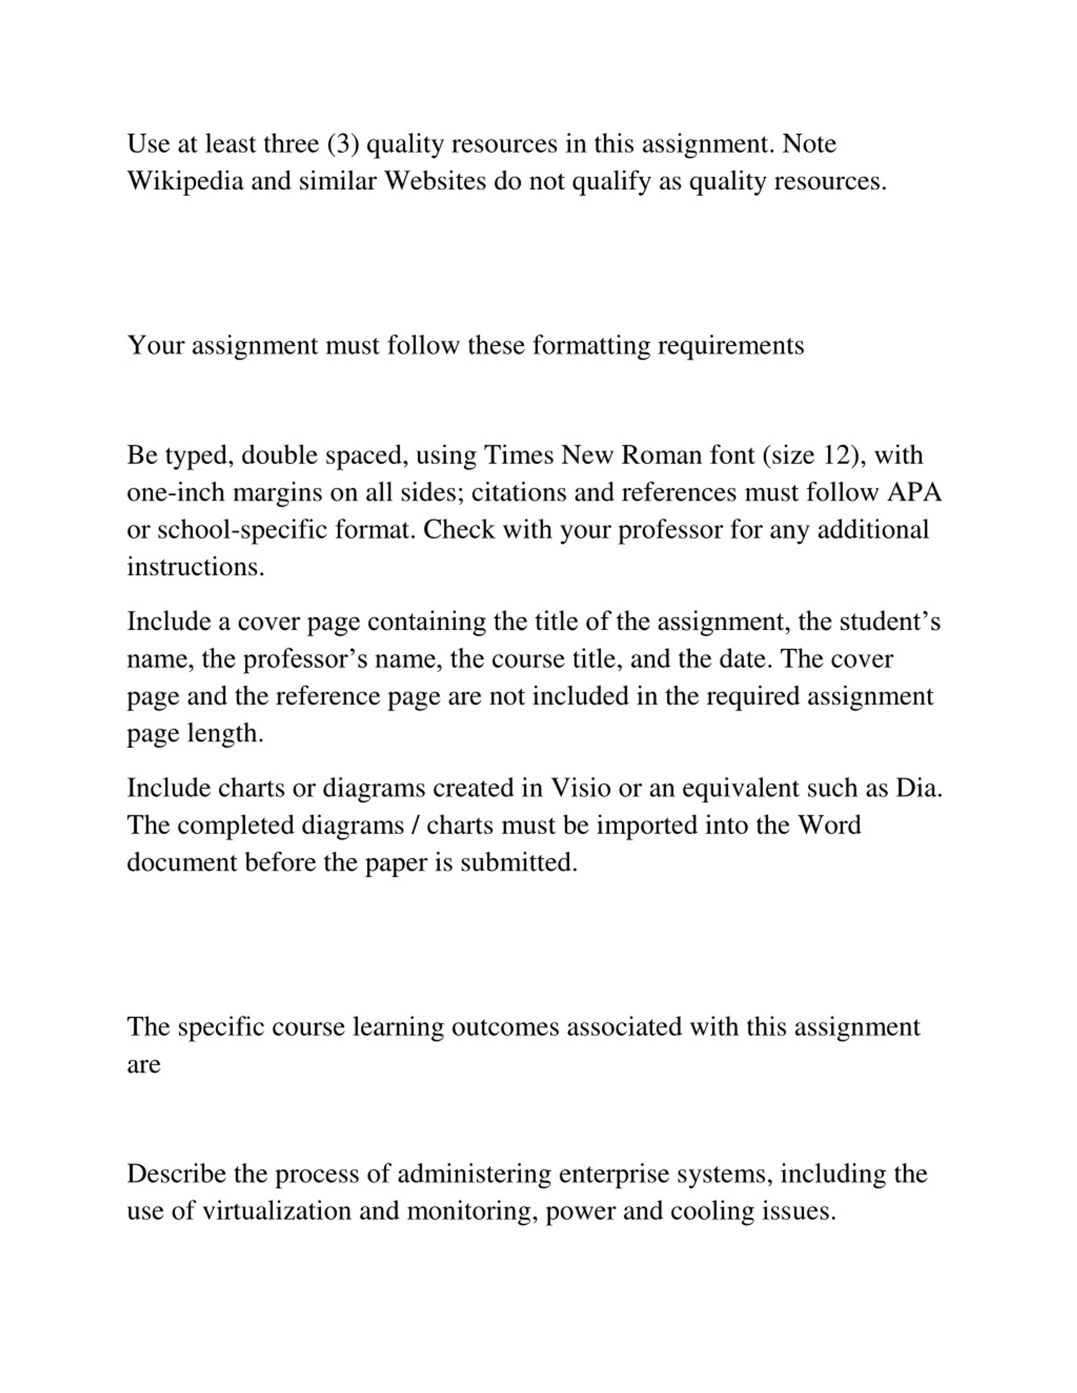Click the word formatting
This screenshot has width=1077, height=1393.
pos(591,346)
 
